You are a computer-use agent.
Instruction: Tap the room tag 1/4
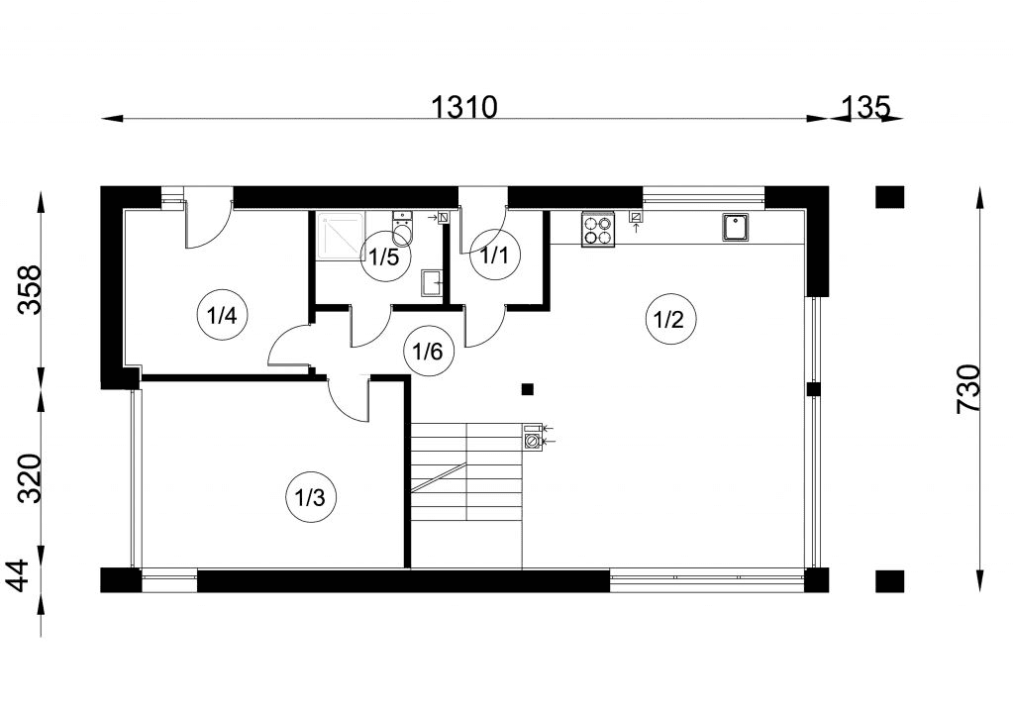pyautogui.click(x=221, y=316)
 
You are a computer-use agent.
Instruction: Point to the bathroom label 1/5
pyautogui.click(x=383, y=257)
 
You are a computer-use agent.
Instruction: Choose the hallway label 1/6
pyautogui.click(x=427, y=350)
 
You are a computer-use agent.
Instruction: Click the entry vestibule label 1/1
pyautogui.click(x=493, y=256)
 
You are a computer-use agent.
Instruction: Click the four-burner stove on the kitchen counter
pyautogui.click(x=597, y=229)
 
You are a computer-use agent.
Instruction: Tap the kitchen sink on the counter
pyautogui.click(x=735, y=228)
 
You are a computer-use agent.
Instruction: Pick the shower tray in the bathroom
pyautogui.click(x=340, y=237)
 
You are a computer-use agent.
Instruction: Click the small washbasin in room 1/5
pyautogui.click(x=433, y=284)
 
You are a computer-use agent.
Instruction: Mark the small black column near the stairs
pyautogui.click(x=528, y=388)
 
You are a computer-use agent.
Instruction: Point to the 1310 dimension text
pyautogui.click(x=464, y=106)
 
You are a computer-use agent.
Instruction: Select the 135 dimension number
pyautogui.click(x=866, y=105)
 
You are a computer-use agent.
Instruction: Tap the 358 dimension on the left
pyautogui.click(x=29, y=288)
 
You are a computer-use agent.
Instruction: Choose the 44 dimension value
pyautogui.click(x=29, y=577)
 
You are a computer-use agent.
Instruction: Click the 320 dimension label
pyautogui.click(x=29, y=478)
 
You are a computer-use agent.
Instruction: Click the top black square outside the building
pyautogui.click(x=889, y=197)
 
